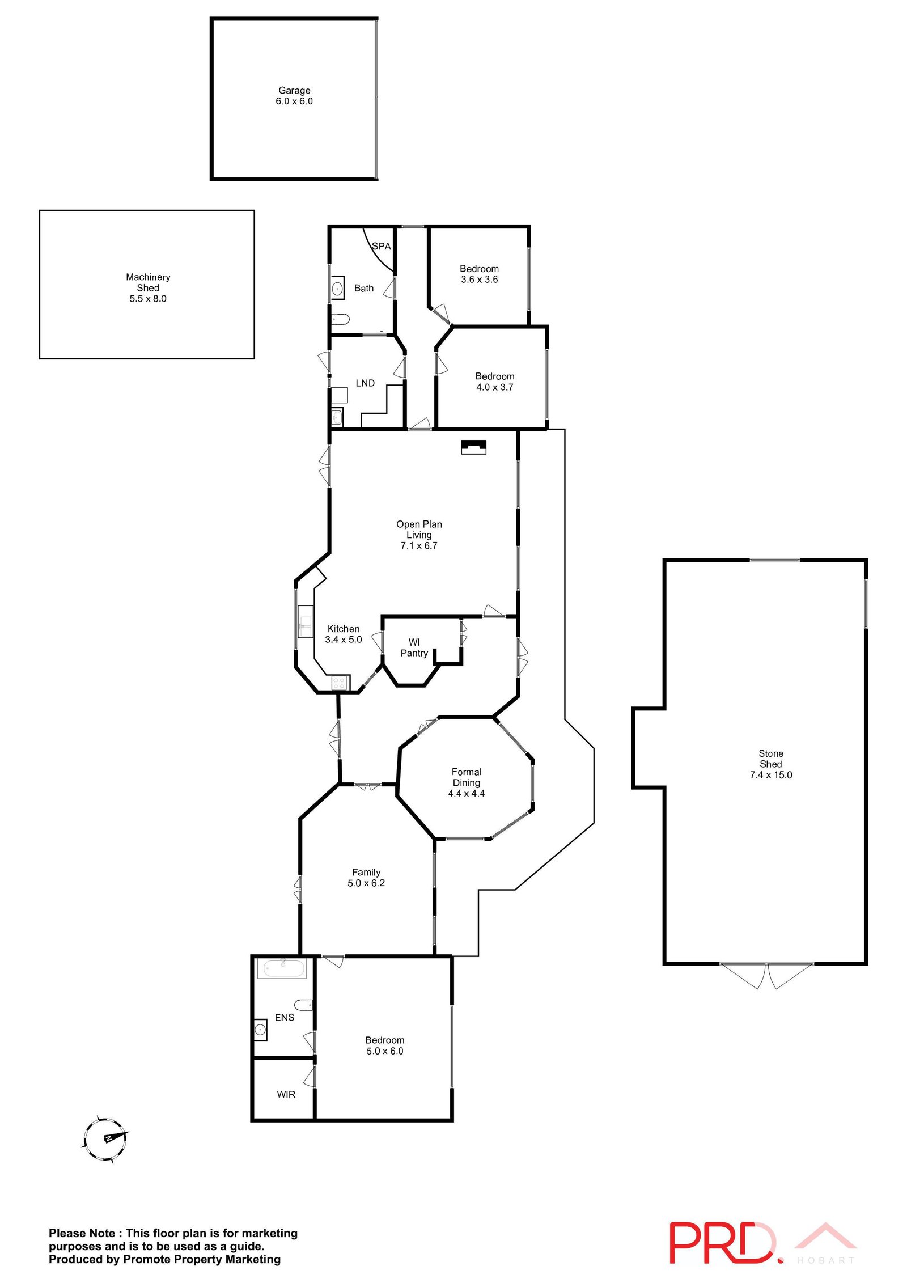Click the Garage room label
click(294, 91)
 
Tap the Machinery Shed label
click(148, 282)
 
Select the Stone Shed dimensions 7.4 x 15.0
click(771, 775)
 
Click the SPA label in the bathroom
click(381, 246)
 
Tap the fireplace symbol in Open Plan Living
click(473, 447)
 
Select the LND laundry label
click(365, 383)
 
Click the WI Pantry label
click(414, 647)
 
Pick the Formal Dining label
click(467, 777)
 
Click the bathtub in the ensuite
click(282, 968)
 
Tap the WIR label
click(286, 1094)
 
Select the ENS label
click(285, 1018)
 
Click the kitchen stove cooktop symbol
click(339, 683)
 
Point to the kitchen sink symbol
click(306, 621)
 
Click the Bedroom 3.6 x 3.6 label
click(479, 269)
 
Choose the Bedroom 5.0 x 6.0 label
click(385, 1040)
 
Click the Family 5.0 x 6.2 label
click(366, 873)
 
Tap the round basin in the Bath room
click(337, 289)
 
